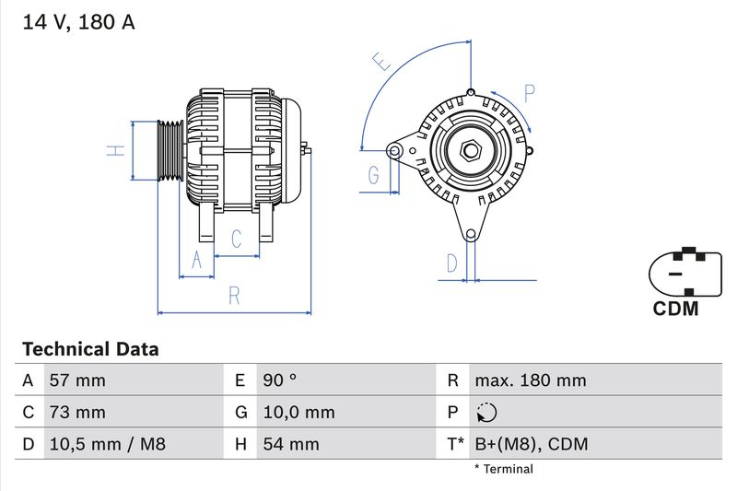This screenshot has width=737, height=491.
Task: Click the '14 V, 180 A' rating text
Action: pos(78,22)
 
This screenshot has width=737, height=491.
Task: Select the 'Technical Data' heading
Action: pos(90,349)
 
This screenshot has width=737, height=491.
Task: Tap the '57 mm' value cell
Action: pos(78,380)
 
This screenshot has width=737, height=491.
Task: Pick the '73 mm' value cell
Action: pos(78,412)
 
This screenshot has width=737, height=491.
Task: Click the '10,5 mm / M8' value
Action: pos(108,444)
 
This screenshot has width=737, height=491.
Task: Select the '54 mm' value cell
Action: pos(290,444)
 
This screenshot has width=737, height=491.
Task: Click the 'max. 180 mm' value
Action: pos(530,380)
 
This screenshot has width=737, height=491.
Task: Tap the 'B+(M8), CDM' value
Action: pos(531,444)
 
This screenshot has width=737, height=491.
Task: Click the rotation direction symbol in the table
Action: pos(485,413)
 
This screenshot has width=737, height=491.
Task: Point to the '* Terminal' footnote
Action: pos(503,469)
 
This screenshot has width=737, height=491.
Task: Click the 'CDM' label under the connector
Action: pos(675,310)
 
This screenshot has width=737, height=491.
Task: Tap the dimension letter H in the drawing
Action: pos(114,150)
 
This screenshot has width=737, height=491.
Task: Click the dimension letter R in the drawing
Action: pos(234,296)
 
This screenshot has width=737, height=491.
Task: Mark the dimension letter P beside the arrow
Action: pos(529,92)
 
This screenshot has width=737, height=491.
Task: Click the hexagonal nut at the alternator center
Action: pos(469,150)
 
